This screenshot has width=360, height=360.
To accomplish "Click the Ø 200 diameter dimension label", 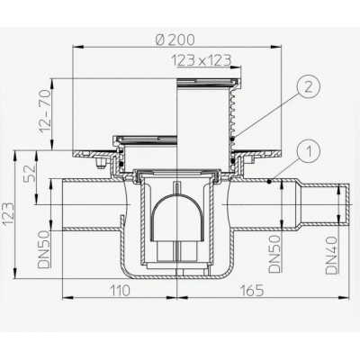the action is point(175,40).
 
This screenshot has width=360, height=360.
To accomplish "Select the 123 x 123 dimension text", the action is point(202,60).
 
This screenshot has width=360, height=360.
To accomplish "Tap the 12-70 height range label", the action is point(44,112).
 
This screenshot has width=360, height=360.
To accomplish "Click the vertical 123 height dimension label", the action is point(8,214).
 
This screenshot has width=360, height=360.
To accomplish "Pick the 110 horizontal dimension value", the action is point(120,291).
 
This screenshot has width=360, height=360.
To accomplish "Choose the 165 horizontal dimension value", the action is point(252,291).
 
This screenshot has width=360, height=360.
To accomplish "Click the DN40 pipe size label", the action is point(331,255).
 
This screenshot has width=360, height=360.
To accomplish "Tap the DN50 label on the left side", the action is point(44,248).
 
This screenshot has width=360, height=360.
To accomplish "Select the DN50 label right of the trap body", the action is point(274,254).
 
